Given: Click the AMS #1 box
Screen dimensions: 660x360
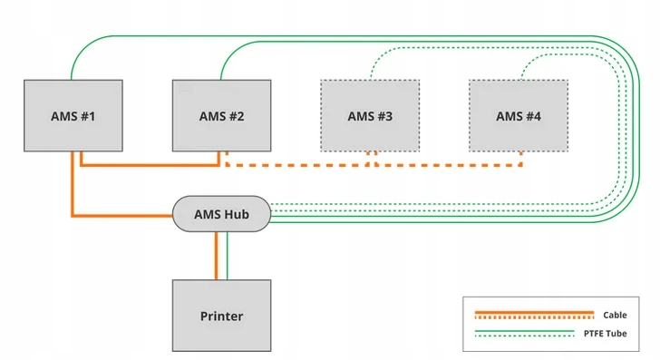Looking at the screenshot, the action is point(73,116).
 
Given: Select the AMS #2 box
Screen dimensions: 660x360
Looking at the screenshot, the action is point(221,116).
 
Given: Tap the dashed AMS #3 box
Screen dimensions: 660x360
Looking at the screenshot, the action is point(370,116).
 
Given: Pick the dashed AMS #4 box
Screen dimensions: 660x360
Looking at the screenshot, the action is point(519,116).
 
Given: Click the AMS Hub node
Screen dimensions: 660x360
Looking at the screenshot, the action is point(221,214).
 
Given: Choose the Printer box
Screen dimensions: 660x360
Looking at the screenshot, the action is point(221,316).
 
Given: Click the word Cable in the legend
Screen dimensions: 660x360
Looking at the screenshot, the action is point(615,315).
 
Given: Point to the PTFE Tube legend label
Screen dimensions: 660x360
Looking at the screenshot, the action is point(605,334).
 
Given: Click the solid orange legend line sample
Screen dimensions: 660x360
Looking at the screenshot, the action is point(534,313).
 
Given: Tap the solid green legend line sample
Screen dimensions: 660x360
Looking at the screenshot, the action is point(524,331).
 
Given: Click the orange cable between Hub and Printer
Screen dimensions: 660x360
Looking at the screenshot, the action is point(217,256).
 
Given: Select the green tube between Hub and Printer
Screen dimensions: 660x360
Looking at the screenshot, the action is point(228,256).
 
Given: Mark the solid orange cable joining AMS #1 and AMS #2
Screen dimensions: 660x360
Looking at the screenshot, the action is point(150,165).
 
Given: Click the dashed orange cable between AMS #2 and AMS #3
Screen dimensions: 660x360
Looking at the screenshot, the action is point(297,165).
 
